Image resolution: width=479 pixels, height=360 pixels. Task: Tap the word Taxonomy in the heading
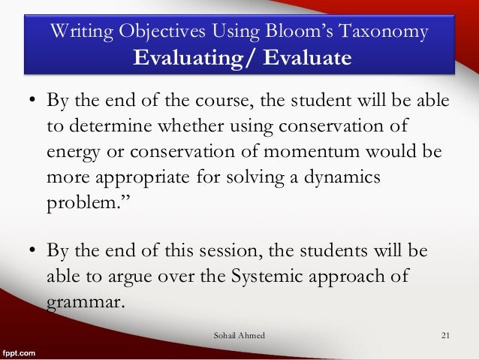[394, 32]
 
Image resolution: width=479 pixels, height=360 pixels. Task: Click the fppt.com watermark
[20, 351]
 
